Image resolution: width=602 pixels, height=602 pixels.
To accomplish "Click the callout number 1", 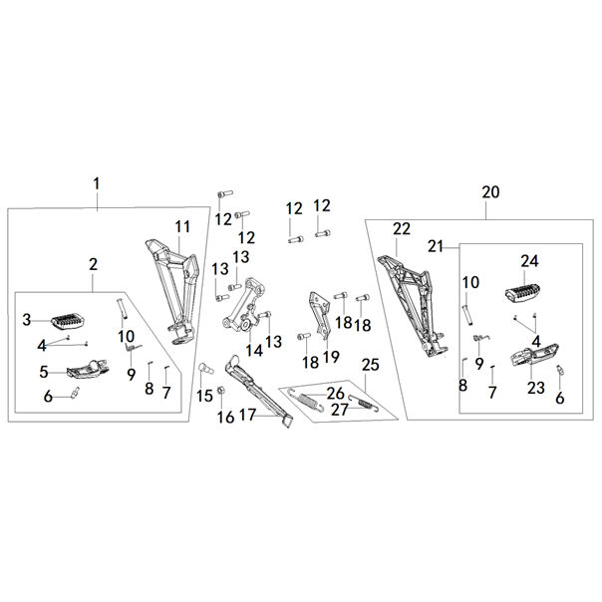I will tap(97, 183).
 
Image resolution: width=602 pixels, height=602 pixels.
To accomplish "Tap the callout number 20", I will tap(489, 192).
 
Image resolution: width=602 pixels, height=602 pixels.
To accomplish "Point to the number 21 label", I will tap(436, 246).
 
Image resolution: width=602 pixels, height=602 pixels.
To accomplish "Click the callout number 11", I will tap(181, 224).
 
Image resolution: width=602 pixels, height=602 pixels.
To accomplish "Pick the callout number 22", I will tap(401, 229).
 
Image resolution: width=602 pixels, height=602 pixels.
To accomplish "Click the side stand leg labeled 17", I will tap(259, 394).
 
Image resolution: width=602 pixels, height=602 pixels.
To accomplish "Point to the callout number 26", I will tap(335, 393).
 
